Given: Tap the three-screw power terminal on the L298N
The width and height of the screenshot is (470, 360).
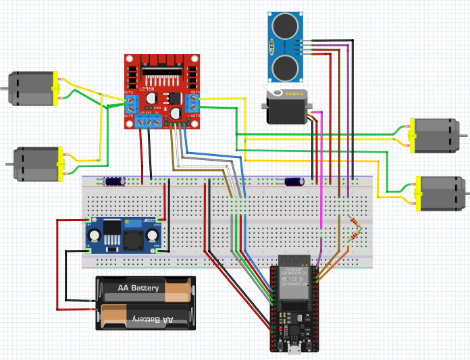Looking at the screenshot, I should coord(149,121).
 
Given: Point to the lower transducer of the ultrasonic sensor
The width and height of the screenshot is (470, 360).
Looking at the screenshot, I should coord(286,66).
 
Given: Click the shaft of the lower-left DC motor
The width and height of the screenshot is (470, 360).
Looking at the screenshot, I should coord(9,163).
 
